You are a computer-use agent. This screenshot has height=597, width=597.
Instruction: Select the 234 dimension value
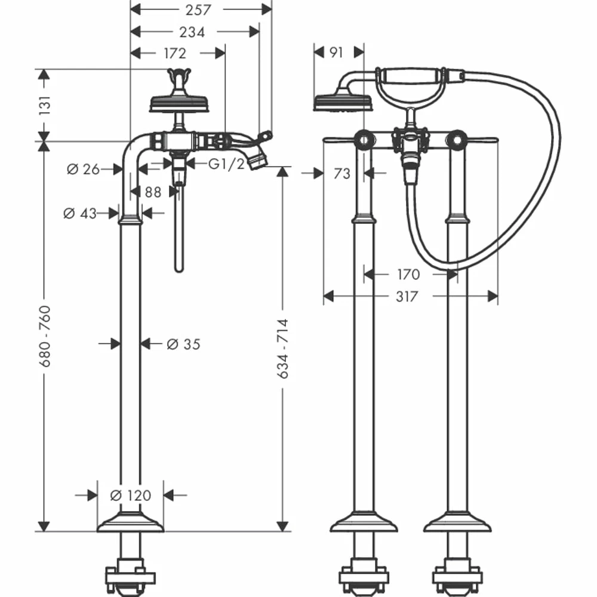tap(193, 32)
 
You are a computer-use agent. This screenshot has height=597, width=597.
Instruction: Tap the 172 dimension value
tap(174, 54)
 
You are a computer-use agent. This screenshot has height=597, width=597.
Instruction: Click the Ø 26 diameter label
tap(83, 170)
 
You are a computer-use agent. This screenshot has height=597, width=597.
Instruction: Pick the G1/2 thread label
tap(226, 164)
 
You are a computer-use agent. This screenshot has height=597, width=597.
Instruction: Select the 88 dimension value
tap(153, 192)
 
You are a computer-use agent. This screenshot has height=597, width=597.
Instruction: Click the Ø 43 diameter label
tap(80, 213)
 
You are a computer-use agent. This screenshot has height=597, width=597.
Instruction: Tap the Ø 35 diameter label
tap(183, 344)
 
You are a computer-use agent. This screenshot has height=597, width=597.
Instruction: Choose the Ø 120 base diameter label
tap(131, 496)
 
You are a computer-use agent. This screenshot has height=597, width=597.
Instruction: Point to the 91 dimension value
tap(336, 53)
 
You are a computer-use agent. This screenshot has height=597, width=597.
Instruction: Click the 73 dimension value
tap(341, 174)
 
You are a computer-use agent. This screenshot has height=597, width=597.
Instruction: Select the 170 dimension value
tap(408, 275)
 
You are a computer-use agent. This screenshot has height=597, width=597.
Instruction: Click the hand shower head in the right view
tap(343, 101)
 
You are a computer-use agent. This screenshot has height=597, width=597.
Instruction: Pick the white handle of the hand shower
tap(411, 75)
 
